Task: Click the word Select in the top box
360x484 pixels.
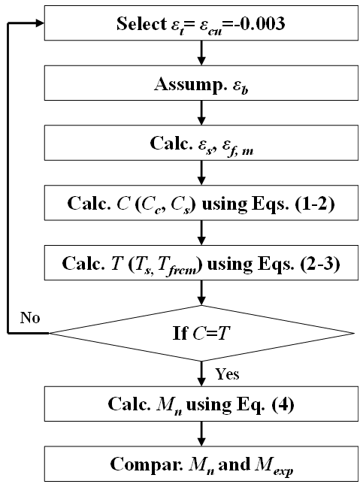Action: coord(141,23)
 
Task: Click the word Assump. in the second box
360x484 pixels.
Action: coord(190,84)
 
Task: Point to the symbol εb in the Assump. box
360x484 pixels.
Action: coord(241,86)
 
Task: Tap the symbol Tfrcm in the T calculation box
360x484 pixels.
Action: coord(177,266)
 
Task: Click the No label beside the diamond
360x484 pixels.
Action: coord(30,317)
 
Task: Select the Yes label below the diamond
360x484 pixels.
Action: coord(227,374)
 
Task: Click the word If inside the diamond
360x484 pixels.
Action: coord(180,333)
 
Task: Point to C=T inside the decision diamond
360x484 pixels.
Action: coord(211,333)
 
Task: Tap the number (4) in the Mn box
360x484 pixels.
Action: coord(283,404)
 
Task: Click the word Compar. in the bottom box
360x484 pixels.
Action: coord(147,464)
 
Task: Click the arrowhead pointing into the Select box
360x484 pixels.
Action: coord(40,23)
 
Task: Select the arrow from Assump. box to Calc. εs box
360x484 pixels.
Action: coord(201,113)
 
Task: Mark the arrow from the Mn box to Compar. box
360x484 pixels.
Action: coord(201,434)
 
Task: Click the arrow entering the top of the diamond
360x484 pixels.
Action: coord(201,292)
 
